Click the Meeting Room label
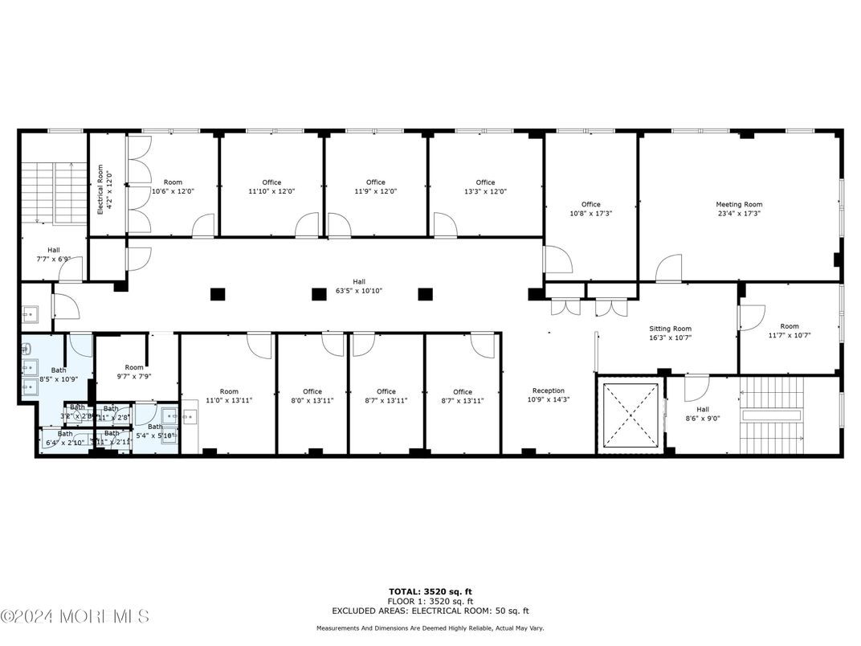739,205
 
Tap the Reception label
548,391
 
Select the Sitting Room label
670,329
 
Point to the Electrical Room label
100,189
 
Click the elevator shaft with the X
630,415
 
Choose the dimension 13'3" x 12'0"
485,192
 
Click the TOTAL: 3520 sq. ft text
430,591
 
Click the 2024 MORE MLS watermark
75,617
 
